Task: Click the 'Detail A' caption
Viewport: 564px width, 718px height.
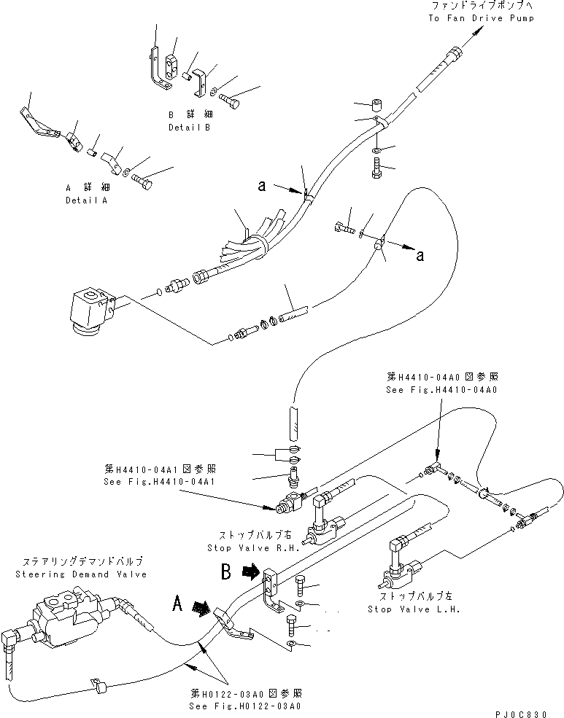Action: (x=86, y=200)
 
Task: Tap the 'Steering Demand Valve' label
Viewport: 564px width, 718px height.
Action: (x=79, y=574)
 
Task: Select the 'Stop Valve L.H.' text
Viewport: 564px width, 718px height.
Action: (x=414, y=609)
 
